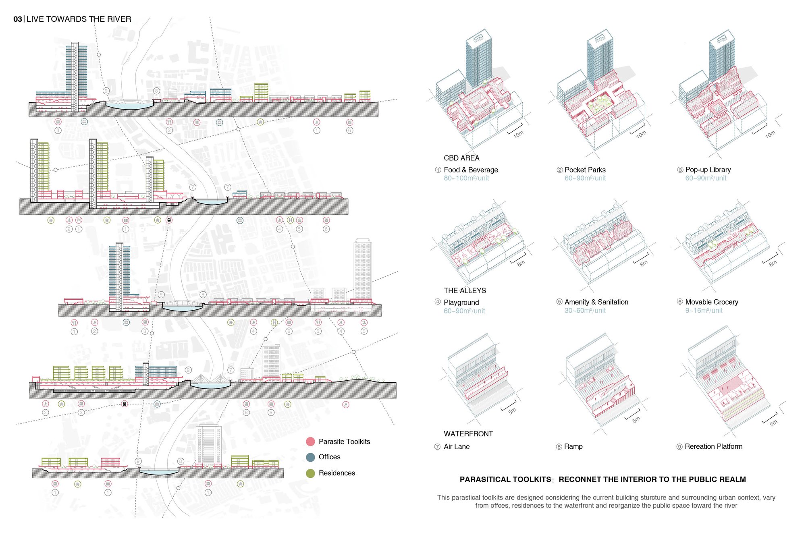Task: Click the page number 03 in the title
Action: point(18,19)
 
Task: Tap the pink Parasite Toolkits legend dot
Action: point(310,442)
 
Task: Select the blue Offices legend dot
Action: point(310,457)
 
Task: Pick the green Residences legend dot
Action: point(310,473)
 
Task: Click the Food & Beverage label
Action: point(471,170)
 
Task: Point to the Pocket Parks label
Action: point(585,170)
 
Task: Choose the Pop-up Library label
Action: point(708,170)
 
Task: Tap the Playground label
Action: point(461,303)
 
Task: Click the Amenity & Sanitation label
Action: point(596,302)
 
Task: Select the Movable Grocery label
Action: point(712,302)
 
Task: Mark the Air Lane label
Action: point(457,447)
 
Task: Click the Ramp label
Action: point(573,447)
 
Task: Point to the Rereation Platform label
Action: point(714,447)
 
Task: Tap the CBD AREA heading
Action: point(462,158)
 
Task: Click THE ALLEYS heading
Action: point(465,291)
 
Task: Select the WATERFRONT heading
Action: point(468,434)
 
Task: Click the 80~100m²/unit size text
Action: point(466,178)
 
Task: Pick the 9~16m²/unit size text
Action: point(704,311)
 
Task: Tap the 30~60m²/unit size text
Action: point(585,311)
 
